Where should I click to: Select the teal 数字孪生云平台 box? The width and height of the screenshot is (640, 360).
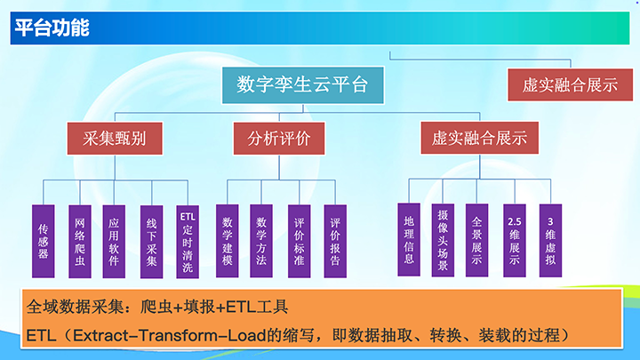(302, 85)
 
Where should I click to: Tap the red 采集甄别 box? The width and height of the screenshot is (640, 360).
(115, 139)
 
